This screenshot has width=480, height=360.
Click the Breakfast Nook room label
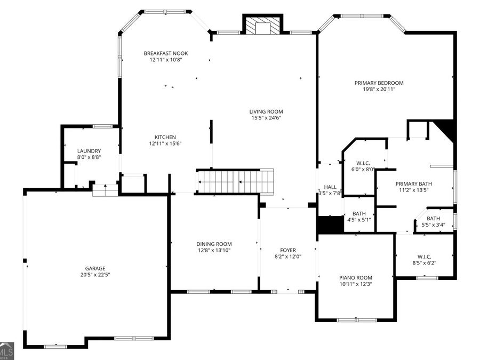[166, 53]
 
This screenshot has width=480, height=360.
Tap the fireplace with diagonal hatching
[262, 24]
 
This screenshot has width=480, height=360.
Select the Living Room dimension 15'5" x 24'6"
[266, 118]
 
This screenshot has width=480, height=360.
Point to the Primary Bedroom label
[379, 83]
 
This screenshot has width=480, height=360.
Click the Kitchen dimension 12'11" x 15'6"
[165, 143]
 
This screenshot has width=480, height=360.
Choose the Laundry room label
[89, 151]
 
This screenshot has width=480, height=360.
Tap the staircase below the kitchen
[235, 182]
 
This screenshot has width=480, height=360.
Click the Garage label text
[95, 268]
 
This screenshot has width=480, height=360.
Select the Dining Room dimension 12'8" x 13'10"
[214, 251]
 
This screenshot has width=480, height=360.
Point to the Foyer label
[288, 250]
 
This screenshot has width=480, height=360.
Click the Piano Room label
[356, 278]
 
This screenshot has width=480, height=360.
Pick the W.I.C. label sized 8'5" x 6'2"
[425, 257]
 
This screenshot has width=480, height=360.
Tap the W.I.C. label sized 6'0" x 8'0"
[363, 163]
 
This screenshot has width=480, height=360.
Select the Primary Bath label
[413, 183]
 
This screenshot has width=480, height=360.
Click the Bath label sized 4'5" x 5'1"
[359, 213]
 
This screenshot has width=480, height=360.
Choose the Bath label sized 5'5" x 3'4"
[434, 218]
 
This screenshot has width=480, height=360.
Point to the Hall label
[330, 187]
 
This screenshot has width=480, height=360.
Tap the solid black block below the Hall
[331, 225]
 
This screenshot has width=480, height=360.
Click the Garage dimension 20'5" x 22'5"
[95, 275]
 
